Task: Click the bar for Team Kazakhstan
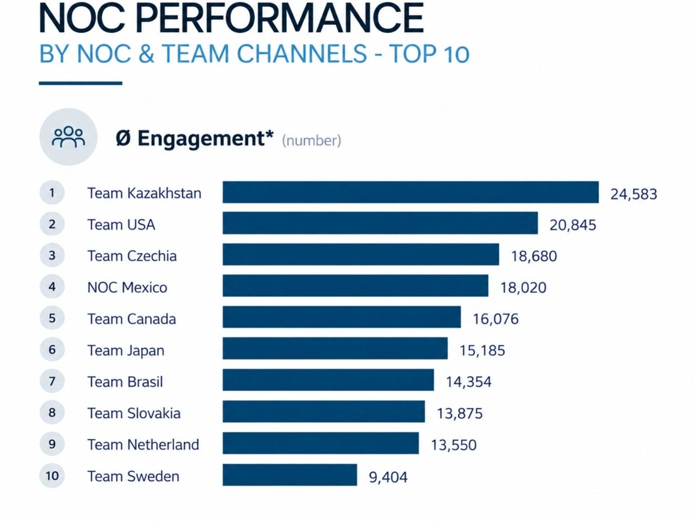[411, 192]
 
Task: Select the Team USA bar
[381, 223]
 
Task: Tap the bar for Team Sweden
[290, 475]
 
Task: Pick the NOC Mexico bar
[355, 285]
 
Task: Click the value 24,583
[634, 195]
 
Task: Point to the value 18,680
[534, 256]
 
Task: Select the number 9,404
[388, 477]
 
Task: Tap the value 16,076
[496, 319]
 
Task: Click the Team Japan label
[126, 351]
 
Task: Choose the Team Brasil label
[125, 382]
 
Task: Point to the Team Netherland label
[143, 445]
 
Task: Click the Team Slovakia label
[134, 413]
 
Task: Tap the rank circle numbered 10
[52, 475]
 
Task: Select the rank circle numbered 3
[52, 255]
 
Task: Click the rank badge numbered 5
[52, 318]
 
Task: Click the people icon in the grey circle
[68, 137]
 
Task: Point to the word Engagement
[202, 138]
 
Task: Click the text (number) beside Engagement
[312, 141]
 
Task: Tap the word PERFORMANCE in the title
[280, 18]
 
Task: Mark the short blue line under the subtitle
[81, 83]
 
